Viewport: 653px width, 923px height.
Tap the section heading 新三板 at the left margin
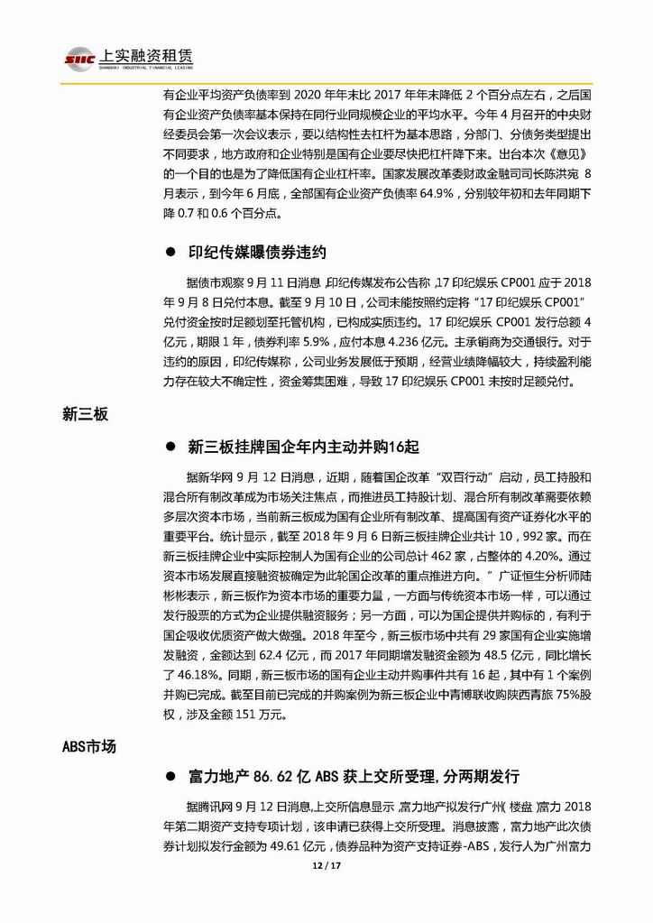(85, 414)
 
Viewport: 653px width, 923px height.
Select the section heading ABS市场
(89, 746)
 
